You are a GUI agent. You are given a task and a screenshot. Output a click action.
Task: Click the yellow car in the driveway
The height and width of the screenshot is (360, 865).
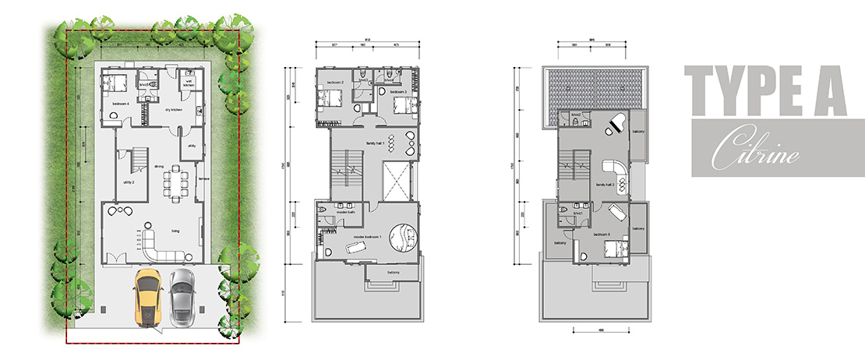coord(148,295)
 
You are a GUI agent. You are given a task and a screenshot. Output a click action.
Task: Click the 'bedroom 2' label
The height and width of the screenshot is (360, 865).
coord(335,81)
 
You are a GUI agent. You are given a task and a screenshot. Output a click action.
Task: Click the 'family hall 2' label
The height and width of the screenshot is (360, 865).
coord(605,184)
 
